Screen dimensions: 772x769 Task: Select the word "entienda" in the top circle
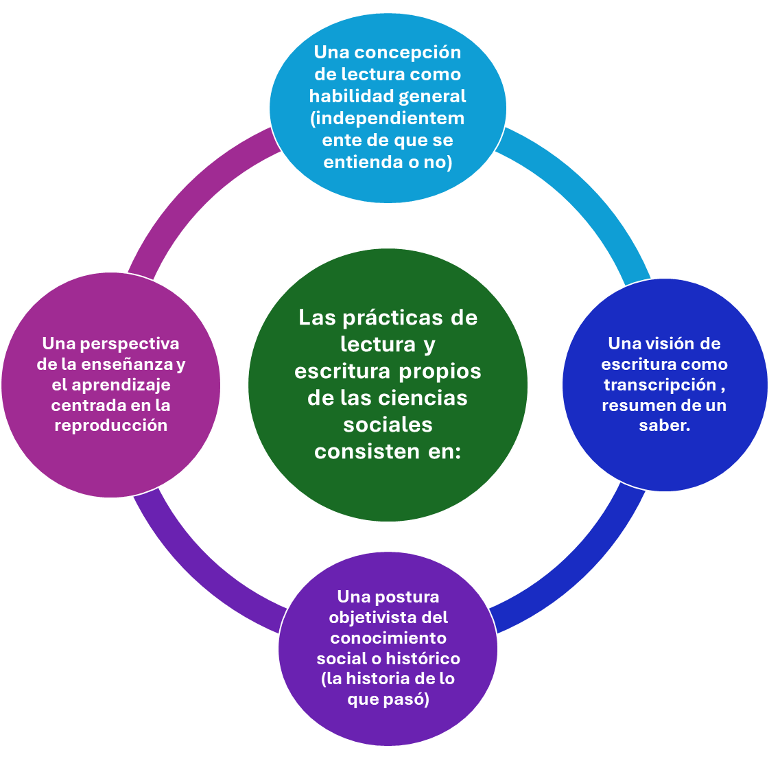(x=357, y=163)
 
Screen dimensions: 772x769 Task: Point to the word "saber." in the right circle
(x=664, y=425)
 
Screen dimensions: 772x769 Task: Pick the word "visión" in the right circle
(x=675, y=343)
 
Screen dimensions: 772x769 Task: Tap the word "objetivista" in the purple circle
(x=368, y=618)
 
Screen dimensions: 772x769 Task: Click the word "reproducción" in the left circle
(x=111, y=425)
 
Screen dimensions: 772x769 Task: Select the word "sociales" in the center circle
(x=388, y=425)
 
